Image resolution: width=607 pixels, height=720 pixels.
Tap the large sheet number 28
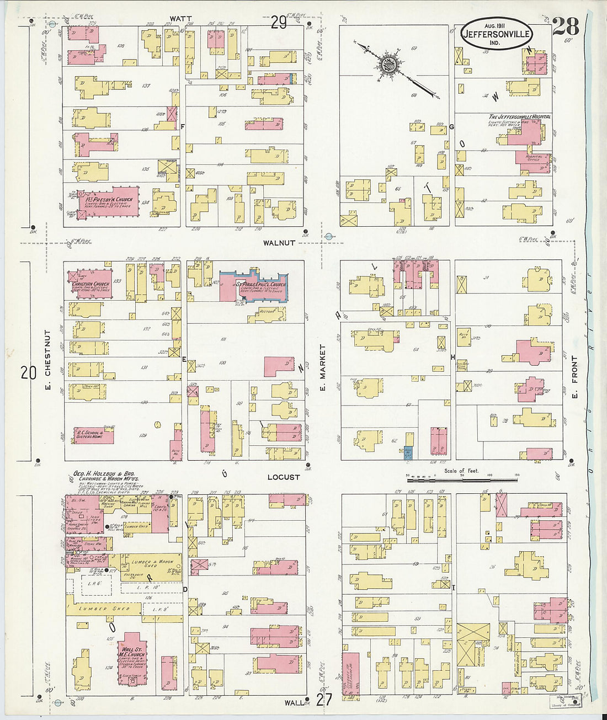click(x=565, y=26)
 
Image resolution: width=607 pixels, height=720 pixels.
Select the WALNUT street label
click(x=279, y=243)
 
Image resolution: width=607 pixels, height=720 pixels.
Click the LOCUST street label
click(x=283, y=477)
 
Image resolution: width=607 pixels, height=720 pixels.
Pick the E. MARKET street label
click(x=323, y=368)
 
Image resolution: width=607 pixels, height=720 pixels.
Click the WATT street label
click(x=180, y=19)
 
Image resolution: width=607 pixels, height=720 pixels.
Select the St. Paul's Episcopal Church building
click(x=255, y=287)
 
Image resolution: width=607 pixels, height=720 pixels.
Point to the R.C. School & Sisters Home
click(x=93, y=435)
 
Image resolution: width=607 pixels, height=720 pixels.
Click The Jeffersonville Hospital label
click(x=519, y=117)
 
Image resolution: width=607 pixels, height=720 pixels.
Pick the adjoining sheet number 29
click(x=279, y=22)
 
